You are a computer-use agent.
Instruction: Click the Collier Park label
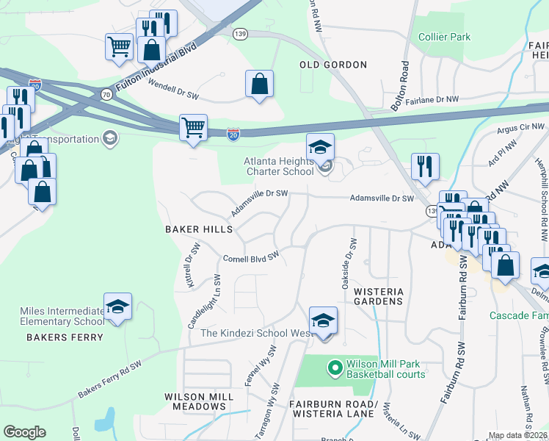pyautogui.click(x=444, y=37)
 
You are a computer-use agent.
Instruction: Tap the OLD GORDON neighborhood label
pyautogui.click(x=333, y=65)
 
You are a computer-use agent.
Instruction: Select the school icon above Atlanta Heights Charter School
pyautogui.click(x=320, y=147)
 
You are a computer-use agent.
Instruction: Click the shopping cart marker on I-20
pyautogui.click(x=193, y=128)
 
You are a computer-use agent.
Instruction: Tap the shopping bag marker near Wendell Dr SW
pyautogui.click(x=260, y=85)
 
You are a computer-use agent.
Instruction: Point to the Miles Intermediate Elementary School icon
pyautogui.click(x=117, y=306)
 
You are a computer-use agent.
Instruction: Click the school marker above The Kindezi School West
pyautogui.click(x=323, y=321)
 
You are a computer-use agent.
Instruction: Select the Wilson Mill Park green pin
pyautogui.click(x=335, y=365)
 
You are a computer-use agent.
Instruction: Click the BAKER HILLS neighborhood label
pyautogui.click(x=198, y=229)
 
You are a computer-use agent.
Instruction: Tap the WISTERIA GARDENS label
pyautogui.click(x=379, y=296)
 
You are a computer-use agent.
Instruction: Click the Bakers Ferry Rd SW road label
pyautogui.click(x=109, y=380)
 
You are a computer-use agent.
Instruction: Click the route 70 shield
pyautogui.click(x=106, y=94)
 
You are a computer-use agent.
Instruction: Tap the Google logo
pyautogui.click(x=24, y=432)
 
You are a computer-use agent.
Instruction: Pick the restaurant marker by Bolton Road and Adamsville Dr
pyautogui.click(x=425, y=166)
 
